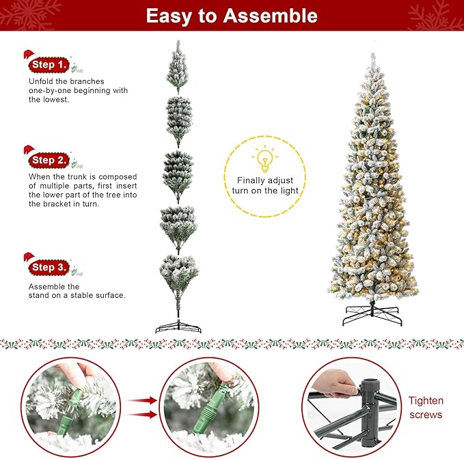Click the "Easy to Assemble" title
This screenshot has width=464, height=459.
coord(232,16)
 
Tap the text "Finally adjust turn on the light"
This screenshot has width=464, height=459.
coord(265,185)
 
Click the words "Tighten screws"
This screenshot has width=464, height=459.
coord(426,408)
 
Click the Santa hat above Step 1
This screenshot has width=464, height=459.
coord(29,55)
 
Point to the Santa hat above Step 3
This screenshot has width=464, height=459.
coord(29,258)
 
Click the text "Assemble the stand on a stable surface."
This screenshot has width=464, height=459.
coord(77,291)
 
